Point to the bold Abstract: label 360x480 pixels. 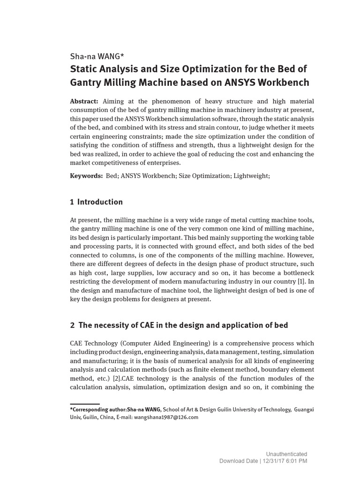pos(84,102)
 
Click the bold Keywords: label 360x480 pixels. pos(86,175)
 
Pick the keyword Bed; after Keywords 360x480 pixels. pos(112,175)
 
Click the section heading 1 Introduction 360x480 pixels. pos(96,202)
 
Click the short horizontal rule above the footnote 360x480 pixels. pos(85,404)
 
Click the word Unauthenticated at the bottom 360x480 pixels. pos(286,454)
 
